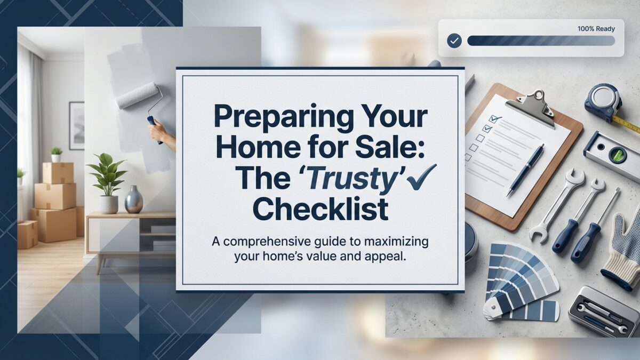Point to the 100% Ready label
[596, 29]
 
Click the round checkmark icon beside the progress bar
[454, 41]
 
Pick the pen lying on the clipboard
[525, 169]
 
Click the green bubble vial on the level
[617, 155]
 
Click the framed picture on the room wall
[77, 125]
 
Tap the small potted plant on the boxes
[56, 154]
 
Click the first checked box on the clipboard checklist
[492, 119]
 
